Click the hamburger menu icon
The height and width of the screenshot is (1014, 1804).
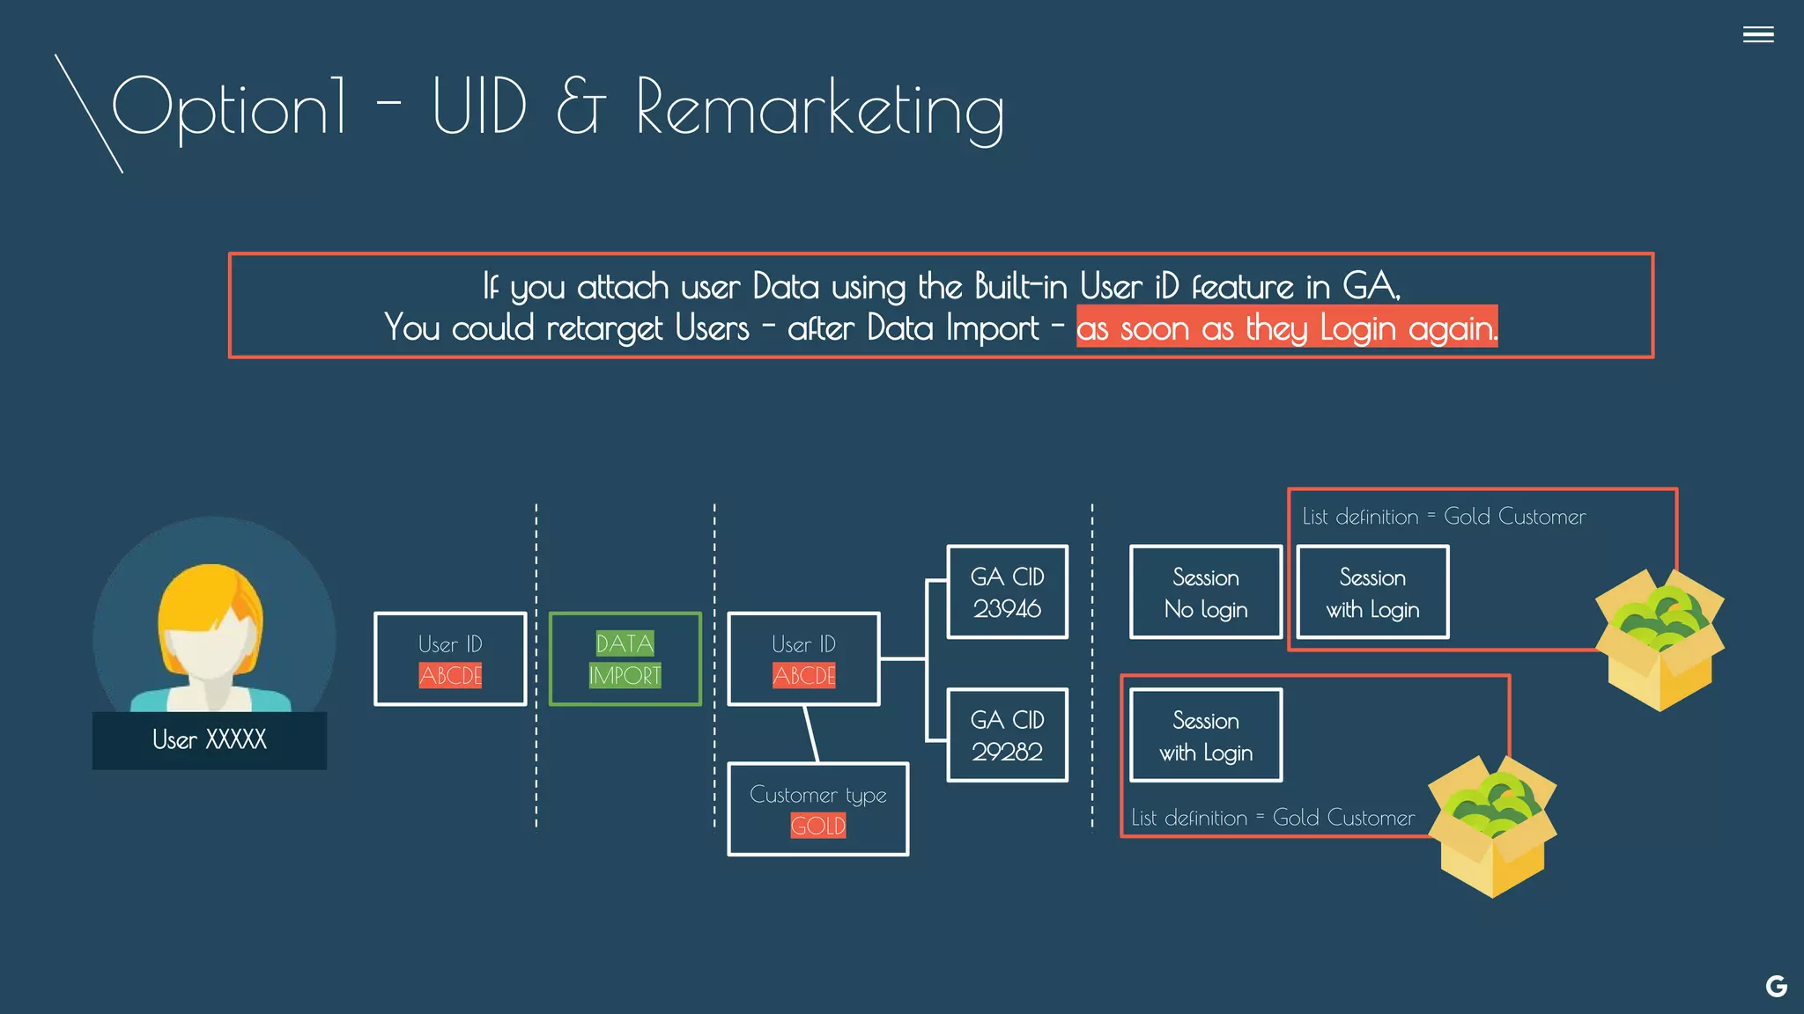coord(1757,34)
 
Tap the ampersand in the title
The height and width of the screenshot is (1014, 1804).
coord(580,107)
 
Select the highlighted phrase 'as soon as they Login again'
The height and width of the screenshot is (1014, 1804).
coord(1286,327)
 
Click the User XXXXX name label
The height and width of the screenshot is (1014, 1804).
coord(210,739)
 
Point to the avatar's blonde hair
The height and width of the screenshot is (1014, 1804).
coord(210,599)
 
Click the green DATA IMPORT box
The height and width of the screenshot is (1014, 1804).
coord(625,659)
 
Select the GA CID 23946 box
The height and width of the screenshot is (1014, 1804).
coord(1007,591)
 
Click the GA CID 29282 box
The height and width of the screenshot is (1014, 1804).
coord(1007,735)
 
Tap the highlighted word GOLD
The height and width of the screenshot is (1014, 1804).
coord(817,826)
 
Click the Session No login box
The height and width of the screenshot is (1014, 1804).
coord(1205,592)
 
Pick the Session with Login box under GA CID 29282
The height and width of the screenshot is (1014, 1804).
coord(1205,736)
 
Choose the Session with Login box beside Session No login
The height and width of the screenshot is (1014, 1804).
coord(1372,592)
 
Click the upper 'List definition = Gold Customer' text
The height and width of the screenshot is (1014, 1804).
coord(1444,517)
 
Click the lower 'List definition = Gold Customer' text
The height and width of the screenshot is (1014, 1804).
coord(1273,818)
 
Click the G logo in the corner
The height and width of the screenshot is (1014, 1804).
coord(1776,986)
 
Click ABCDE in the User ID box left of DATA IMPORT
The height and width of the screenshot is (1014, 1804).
coord(450,676)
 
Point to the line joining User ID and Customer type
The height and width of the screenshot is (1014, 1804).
coord(811,734)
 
